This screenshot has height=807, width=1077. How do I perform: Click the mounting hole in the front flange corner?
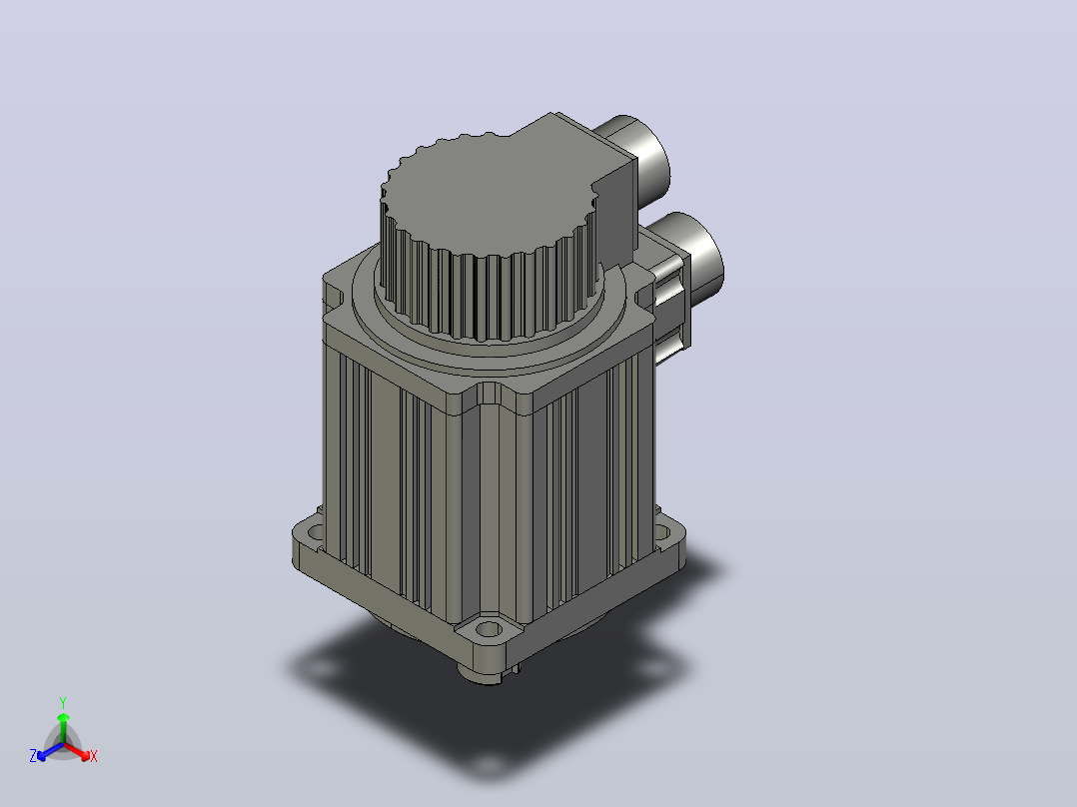click(x=489, y=628)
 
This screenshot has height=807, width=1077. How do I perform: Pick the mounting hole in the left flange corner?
click(x=315, y=531)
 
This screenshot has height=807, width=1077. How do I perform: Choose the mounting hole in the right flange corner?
click(x=661, y=531)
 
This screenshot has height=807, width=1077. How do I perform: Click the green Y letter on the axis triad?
click(x=63, y=702)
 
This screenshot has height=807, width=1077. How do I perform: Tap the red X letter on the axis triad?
click(x=94, y=756)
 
